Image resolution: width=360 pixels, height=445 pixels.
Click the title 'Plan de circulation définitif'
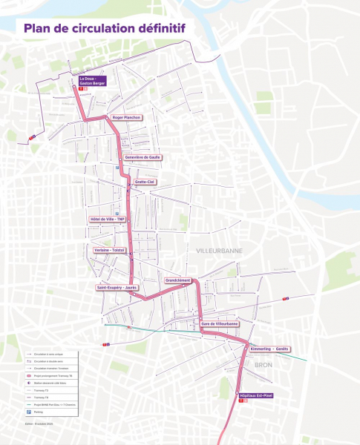[x=104, y=28]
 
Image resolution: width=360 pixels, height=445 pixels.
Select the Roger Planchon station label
[x=126, y=117]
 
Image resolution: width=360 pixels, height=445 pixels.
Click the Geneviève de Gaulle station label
[x=143, y=157]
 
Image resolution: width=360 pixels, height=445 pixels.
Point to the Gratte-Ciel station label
[x=145, y=181]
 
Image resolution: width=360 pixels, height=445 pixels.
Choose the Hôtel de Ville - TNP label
[x=108, y=220]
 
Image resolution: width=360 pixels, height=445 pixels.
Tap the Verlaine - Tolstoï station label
[x=110, y=251]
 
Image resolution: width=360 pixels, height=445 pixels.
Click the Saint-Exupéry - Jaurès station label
[x=117, y=287]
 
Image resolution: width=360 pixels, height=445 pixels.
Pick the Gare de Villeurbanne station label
[x=220, y=323]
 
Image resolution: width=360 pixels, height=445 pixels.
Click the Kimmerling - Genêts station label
[x=270, y=349]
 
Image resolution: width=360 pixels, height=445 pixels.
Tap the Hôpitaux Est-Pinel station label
[x=256, y=396]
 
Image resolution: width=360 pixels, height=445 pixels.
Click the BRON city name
[x=264, y=366]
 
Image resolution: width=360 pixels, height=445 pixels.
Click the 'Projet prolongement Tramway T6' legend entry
[x=53, y=376]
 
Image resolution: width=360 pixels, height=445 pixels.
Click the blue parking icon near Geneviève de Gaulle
[x=117, y=168]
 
